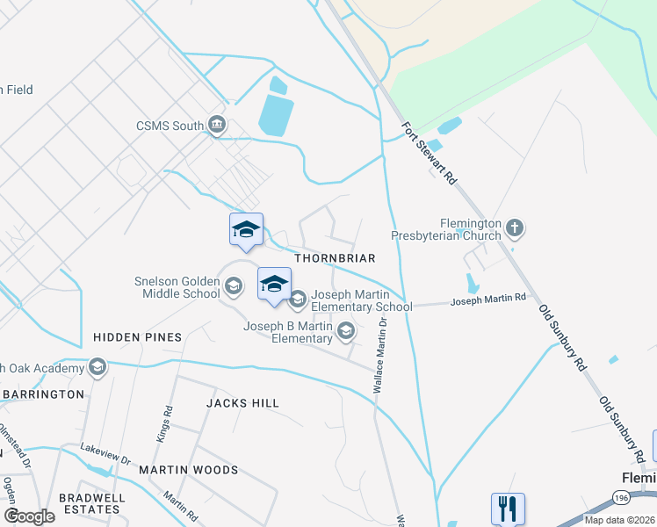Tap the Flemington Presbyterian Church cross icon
(515, 229)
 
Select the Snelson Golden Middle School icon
(234, 285)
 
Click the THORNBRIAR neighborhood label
(335, 259)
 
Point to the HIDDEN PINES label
(137, 337)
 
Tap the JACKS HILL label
(242, 403)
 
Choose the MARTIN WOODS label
(188, 470)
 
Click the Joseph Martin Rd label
(487, 300)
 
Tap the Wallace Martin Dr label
(380, 356)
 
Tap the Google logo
(29, 516)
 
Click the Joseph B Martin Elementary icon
(346, 331)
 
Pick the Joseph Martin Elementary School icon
(297, 300)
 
